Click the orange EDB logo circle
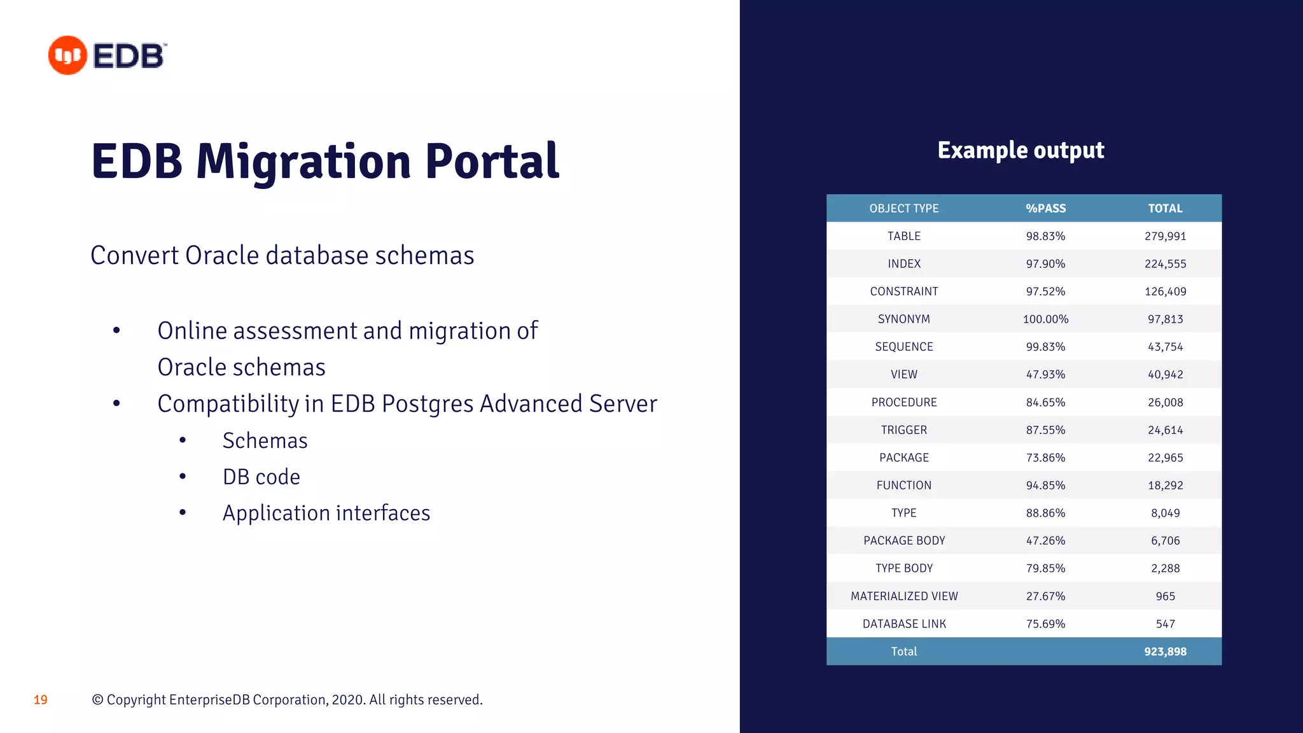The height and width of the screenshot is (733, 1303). (67, 55)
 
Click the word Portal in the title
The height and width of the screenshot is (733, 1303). (492, 162)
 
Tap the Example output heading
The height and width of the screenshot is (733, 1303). (1021, 150)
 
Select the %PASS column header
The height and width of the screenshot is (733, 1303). (1045, 208)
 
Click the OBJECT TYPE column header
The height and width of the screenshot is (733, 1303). (903, 208)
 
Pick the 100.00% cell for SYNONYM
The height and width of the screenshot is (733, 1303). (1045, 319)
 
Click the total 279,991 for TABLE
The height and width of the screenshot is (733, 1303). (1165, 236)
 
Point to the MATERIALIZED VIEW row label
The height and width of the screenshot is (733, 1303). (903, 596)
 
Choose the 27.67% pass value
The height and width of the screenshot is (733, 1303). (1045, 596)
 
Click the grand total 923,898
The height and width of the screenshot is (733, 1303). (1165, 652)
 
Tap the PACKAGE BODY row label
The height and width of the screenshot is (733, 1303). (903, 541)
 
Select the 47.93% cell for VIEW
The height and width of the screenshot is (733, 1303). (1045, 374)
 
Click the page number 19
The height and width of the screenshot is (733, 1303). (41, 700)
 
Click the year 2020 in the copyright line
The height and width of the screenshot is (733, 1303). (347, 700)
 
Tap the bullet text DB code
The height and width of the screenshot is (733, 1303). (261, 477)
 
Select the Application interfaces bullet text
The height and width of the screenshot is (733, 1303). (326, 513)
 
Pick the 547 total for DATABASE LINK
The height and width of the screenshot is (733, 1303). (1165, 624)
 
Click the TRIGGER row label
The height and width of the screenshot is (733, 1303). (903, 430)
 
